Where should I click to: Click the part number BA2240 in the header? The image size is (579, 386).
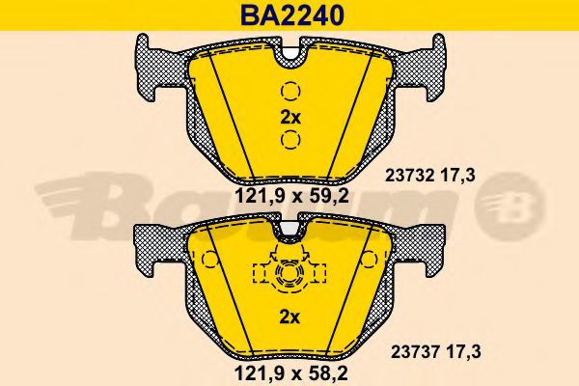292,15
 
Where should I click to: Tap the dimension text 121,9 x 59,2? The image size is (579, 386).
291,196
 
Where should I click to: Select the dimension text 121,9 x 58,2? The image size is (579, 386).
291,373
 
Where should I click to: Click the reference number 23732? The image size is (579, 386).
410,176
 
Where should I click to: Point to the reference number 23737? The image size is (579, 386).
415,352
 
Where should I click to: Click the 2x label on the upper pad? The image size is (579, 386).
290,118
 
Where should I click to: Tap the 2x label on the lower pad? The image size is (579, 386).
289,317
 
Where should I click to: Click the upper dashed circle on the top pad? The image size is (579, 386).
290,91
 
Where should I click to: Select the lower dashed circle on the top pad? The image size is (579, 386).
290,140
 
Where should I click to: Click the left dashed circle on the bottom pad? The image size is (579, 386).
210,260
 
